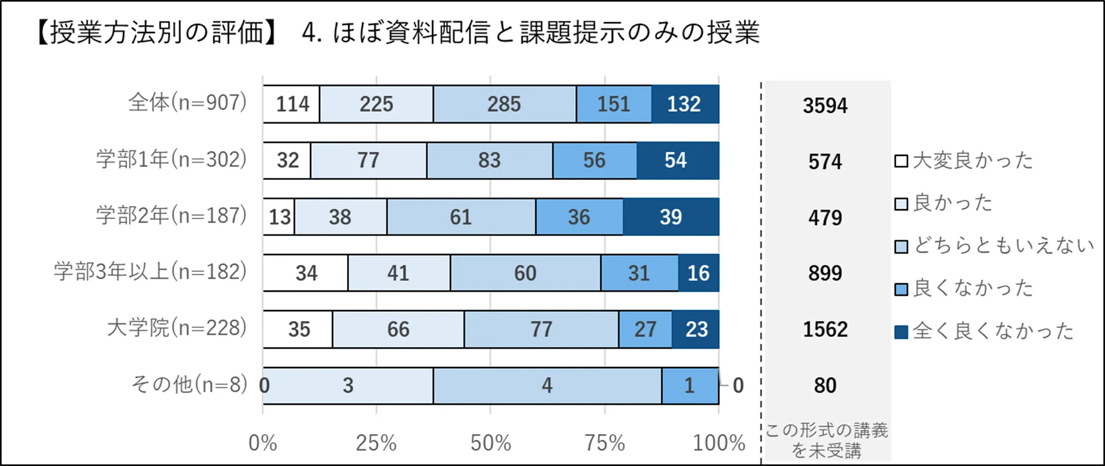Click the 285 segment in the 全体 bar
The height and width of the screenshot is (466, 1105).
(504, 104)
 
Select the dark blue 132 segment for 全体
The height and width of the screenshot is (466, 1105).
(685, 104)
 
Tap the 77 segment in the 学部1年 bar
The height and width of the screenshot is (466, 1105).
(369, 160)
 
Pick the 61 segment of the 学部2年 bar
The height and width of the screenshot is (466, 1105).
(461, 216)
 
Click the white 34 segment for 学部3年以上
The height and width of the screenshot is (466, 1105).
(306, 273)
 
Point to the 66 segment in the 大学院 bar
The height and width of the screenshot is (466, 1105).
(398, 329)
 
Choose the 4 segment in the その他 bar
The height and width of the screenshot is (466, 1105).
(547, 385)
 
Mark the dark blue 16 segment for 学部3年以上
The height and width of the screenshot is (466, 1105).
(699, 273)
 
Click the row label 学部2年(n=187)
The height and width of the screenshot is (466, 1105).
(172, 215)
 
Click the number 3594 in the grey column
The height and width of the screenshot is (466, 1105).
(825, 105)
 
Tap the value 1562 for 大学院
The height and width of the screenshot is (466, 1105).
(825, 329)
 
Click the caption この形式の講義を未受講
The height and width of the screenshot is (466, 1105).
(826, 440)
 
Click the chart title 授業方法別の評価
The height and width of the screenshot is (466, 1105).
(158, 32)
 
